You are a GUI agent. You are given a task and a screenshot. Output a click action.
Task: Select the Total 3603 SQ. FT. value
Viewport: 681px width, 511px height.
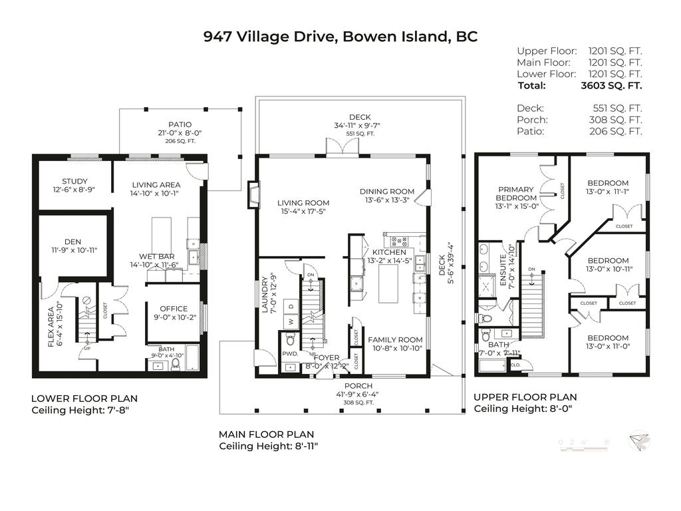(611, 85)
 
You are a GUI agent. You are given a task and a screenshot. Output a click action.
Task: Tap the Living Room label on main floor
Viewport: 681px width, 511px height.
(303, 203)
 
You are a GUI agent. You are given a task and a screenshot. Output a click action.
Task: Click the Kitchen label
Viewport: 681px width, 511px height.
(389, 252)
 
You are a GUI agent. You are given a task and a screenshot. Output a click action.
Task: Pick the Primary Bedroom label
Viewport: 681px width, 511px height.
(515, 194)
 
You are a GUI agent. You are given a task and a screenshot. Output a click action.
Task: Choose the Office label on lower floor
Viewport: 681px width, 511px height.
(174, 309)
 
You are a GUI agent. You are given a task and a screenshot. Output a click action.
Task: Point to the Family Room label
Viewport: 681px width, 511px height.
(396, 339)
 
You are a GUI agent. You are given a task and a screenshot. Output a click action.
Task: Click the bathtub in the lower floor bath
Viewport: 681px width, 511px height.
(191, 359)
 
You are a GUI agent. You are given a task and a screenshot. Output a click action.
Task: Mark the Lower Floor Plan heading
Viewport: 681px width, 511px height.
(84, 399)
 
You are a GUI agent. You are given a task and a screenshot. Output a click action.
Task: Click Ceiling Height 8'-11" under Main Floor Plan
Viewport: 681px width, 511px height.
(269, 446)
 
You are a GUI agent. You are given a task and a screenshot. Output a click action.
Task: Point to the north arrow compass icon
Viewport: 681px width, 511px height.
(640, 441)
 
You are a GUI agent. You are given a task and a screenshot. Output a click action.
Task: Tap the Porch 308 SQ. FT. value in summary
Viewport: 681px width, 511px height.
(617, 120)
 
